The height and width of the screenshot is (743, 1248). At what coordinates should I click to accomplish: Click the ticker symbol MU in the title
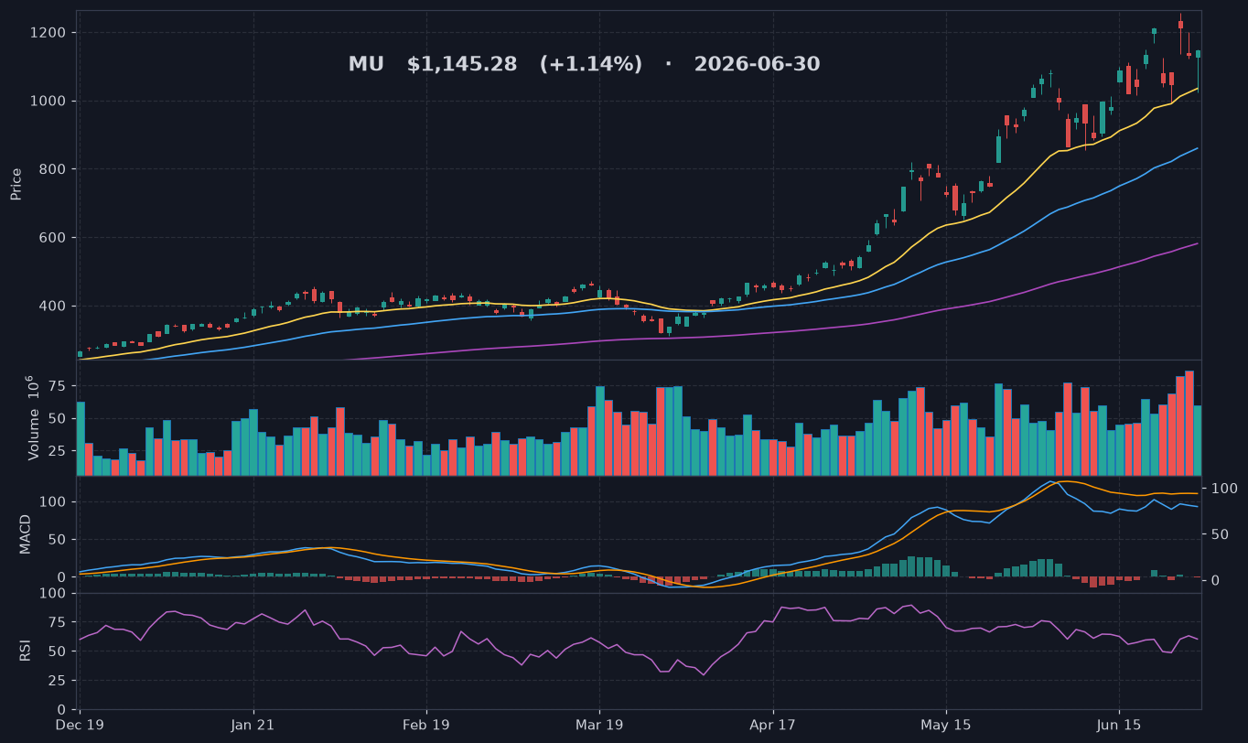point(366,64)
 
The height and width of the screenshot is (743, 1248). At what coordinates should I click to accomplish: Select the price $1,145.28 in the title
point(462,64)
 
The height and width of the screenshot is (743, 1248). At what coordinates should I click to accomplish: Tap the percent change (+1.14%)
point(590,64)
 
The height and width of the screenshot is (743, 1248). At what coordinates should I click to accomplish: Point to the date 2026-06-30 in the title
point(757,64)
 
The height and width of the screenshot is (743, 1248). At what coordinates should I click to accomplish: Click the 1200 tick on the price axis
point(48,33)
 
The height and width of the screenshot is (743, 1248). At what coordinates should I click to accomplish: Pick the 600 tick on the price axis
point(52,238)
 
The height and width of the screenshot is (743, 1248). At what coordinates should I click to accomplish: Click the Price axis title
point(16,184)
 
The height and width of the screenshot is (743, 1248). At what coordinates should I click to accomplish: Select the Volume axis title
point(34,417)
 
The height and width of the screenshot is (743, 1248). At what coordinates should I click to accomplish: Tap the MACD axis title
point(25,534)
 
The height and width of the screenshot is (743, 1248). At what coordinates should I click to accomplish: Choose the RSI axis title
point(25,651)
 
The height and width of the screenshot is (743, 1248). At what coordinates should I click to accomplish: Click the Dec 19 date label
point(80,726)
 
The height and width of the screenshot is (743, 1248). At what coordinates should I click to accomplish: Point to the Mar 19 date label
point(599,726)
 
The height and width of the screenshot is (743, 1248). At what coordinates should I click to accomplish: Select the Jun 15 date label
point(1119,726)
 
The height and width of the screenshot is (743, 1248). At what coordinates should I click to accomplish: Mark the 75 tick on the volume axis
point(58,386)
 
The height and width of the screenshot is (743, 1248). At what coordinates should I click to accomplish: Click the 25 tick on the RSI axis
point(58,681)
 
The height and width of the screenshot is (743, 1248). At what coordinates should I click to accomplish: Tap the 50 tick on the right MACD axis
point(1220,534)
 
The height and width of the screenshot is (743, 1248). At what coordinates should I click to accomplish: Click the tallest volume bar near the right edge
point(1189,423)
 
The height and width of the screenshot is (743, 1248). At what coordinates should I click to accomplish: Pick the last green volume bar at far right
point(1198,440)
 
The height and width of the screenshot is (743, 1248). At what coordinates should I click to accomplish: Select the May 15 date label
point(945,726)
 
